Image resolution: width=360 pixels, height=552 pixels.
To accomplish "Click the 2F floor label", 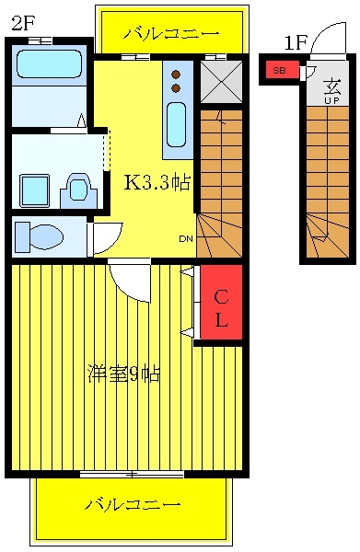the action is click(x=23, y=23).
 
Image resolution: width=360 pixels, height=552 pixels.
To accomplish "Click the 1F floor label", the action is click(x=296, y=43).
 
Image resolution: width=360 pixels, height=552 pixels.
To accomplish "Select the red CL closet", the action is click(x=221, y=302).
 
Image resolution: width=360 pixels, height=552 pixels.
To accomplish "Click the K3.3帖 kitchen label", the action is click(x=157, y=182).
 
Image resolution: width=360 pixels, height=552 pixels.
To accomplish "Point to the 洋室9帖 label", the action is click(x=124, y=374).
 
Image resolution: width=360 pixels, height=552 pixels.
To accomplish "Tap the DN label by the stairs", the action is click(x=186, y=239).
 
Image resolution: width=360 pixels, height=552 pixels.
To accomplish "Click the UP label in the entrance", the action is click(x=331, y=100).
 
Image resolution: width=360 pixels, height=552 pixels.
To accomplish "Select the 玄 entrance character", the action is click(x=331, y=87).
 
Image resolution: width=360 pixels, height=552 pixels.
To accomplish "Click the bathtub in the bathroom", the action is click(x=50, y=64).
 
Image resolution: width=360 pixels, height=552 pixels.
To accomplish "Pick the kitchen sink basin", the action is click(x=176, y=125).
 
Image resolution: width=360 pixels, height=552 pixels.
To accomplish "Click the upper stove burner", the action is click(x=176, y=75).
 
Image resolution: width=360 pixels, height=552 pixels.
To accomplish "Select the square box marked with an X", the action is click(x=222, y=82).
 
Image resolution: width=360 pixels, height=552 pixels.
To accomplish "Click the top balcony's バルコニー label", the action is click(x=171, y=34).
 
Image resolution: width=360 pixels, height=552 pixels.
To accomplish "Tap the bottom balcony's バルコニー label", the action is click(x=133, y=505).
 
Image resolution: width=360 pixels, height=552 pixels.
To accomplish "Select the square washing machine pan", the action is click(x=34, y=190).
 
